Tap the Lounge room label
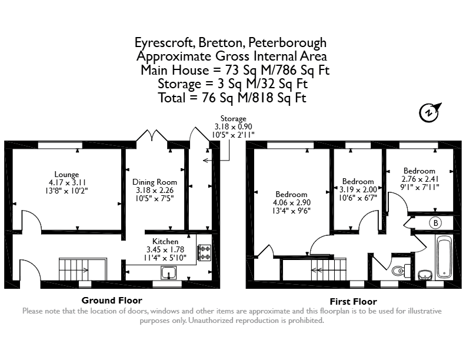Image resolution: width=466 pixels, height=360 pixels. tap(66, 174)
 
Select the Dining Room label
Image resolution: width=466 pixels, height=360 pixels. tap(155, 182)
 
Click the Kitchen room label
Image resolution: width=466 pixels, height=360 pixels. tap(165, 241)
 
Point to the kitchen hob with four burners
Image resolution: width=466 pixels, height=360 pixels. tap(204, 253)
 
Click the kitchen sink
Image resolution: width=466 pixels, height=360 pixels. tap(169, 273)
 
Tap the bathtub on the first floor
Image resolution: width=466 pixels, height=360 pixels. tap(444, 257)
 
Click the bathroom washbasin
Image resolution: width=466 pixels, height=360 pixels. tap(425, 275)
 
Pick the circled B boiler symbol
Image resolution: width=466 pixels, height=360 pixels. tap(435, 223)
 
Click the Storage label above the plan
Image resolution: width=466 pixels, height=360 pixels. tap(234, 119)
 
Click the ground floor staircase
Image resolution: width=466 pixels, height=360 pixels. tap(82, 269)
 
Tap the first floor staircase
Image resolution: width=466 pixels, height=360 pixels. tap(329, 269)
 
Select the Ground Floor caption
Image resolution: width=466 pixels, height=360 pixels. tap(112, 301)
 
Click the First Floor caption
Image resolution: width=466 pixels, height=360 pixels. tap(354, 302)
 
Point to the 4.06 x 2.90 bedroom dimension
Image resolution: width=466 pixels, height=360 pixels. tap(292, 202)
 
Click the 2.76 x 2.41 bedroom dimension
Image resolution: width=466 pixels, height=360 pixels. tap(420, 179)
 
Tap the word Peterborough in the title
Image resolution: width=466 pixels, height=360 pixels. tap(287, 43)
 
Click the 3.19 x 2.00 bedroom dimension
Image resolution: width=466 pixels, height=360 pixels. tap(358, 189)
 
